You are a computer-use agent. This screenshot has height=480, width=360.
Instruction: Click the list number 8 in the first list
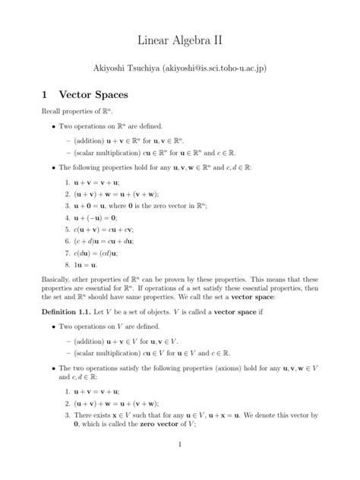pos(66,264)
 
